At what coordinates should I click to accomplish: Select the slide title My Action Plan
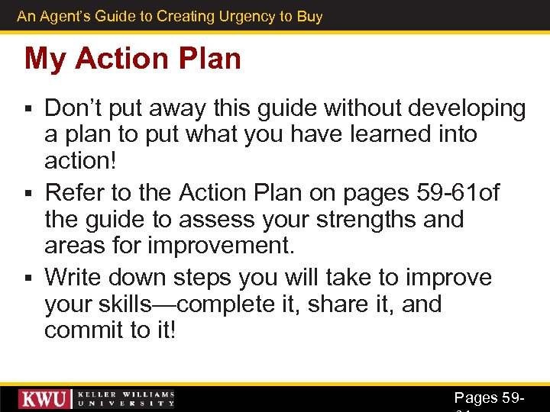(132, 59)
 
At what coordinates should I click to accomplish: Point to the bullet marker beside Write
(29, 278)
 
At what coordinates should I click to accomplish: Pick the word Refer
(74, 193)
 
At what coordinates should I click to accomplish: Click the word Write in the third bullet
(76, 277)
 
